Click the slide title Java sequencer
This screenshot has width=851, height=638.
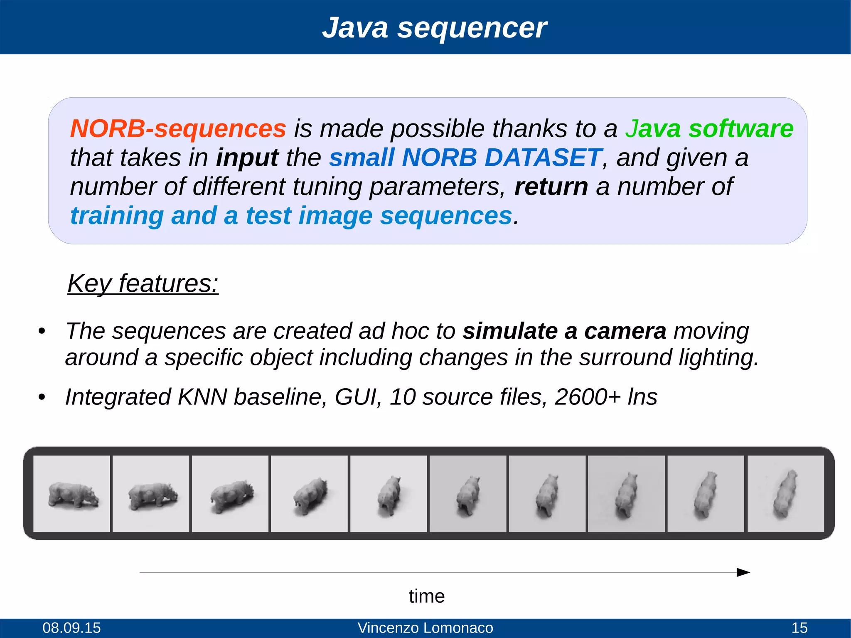434,28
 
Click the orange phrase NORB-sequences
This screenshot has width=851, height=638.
178,128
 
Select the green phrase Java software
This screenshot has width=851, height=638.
709,128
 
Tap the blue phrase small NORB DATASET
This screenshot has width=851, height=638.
465,158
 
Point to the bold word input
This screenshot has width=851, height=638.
247,158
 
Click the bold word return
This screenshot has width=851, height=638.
551,187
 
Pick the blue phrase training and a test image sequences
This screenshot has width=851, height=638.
291,216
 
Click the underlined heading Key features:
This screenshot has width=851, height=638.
143,284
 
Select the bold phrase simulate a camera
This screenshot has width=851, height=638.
564,331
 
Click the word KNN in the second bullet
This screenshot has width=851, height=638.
202,397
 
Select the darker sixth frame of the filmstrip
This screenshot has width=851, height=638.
468,494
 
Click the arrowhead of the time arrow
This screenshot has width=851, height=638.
743,572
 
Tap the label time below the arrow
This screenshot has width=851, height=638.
427,596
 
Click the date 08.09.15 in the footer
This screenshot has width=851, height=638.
71,628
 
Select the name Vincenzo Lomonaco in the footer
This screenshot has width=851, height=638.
425,628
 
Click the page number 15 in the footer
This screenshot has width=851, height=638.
799,628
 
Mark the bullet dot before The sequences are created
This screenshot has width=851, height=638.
41,332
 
